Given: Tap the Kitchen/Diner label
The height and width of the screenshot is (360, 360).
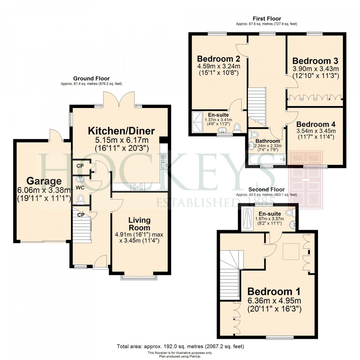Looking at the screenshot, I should pos(121,131).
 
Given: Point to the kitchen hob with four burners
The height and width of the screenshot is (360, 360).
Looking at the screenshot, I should pos(137,187).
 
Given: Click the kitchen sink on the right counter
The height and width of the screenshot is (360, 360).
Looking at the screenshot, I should pos(164,162).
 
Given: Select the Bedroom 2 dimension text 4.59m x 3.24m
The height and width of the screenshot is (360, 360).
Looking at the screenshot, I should pos(219,66).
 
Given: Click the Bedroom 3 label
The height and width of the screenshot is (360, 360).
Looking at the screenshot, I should pos(315,61).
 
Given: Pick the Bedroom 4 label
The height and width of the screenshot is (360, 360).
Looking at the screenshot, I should pos(315,124).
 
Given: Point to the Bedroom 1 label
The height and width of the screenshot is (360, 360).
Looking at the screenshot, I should pos(274,291).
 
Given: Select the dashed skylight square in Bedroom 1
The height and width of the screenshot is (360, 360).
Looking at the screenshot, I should pos(291,251).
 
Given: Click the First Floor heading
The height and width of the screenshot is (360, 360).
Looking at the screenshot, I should pos(266,19).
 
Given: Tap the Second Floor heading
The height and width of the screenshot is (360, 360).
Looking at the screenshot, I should pos(266,189).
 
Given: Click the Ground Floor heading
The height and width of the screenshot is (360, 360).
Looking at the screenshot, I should pos(91,79).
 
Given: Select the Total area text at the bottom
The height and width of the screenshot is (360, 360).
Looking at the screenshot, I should pos(180,346).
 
